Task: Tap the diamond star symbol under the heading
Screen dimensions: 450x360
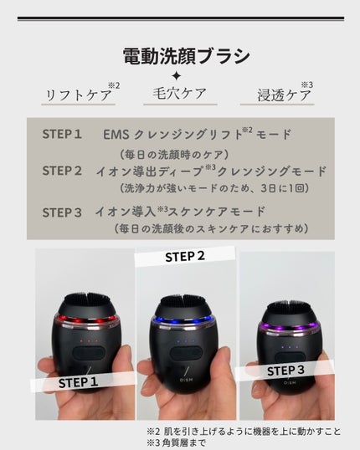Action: [x=176, y=76]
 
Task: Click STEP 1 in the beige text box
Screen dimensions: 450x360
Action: [x=62, y=134]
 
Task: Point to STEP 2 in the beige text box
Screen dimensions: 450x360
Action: [x=62, y=171]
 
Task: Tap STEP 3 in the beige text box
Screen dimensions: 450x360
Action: [x=62, y=212]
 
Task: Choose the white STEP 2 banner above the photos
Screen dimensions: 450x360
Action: [x=184, y=256]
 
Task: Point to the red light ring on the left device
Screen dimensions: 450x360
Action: [x=83, y=321]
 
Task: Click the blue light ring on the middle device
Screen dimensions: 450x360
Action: [x=187, y=320]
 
